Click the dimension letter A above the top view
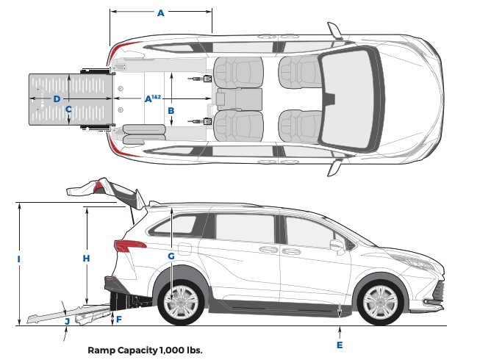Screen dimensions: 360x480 tap(161, 12)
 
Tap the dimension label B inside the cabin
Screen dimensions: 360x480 tap(171, 110)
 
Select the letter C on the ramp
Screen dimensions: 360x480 tap(68, 110)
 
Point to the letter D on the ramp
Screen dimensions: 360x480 tap(56, 98)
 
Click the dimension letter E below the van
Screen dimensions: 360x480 tap(340, 345)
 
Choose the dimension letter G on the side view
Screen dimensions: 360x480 tap(171, 256)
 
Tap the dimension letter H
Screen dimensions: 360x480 tap(86, 258)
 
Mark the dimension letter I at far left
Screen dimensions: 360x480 tap(18, 259)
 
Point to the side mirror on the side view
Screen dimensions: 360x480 tap(337, 245)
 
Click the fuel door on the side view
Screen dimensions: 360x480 tap(183, 248)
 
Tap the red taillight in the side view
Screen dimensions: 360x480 tap(129, 245)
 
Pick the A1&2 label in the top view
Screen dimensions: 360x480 tap(152, 98)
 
